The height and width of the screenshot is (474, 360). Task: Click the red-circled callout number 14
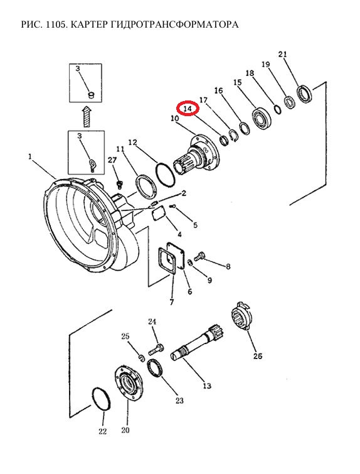[188, 109]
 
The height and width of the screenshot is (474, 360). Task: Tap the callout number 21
[282, 55]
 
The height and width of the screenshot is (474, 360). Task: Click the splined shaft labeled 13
[198, 342]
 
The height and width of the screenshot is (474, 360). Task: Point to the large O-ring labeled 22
[101, 399]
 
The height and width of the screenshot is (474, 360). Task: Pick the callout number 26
[258, 356]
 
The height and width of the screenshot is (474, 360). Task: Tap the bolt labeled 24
[156, 350]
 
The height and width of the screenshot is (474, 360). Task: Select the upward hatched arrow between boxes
[87, 117]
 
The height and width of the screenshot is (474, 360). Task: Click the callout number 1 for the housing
[30, 156]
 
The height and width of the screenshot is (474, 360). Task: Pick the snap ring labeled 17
[233, 135]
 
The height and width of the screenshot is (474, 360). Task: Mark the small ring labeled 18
[278, 109]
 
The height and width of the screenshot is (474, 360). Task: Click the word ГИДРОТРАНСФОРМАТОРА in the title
[174, 24]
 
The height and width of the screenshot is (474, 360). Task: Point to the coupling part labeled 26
[243, 316]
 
